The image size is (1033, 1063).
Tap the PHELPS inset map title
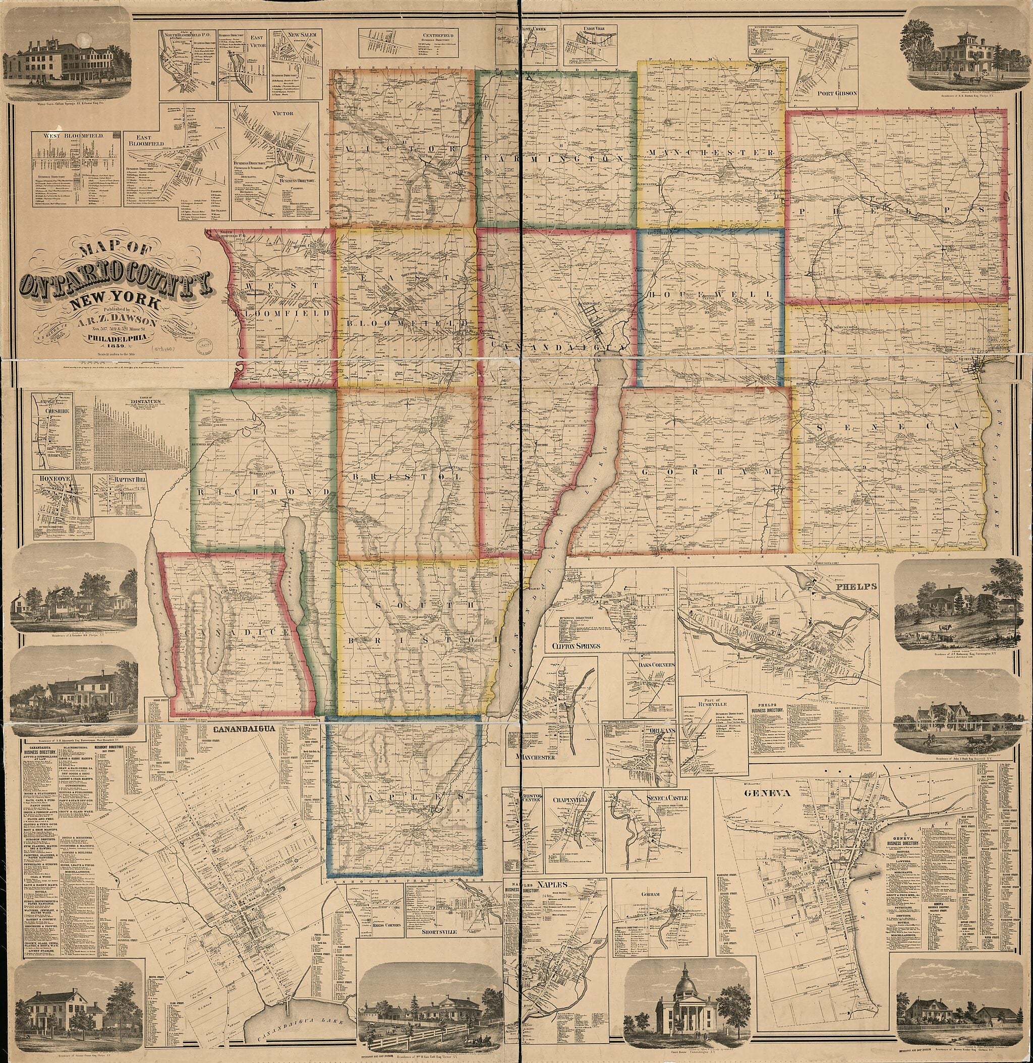pyautogui.click(x=859, y=587)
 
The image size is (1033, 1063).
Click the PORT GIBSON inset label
pyautogui.click(x=837, y=93)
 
